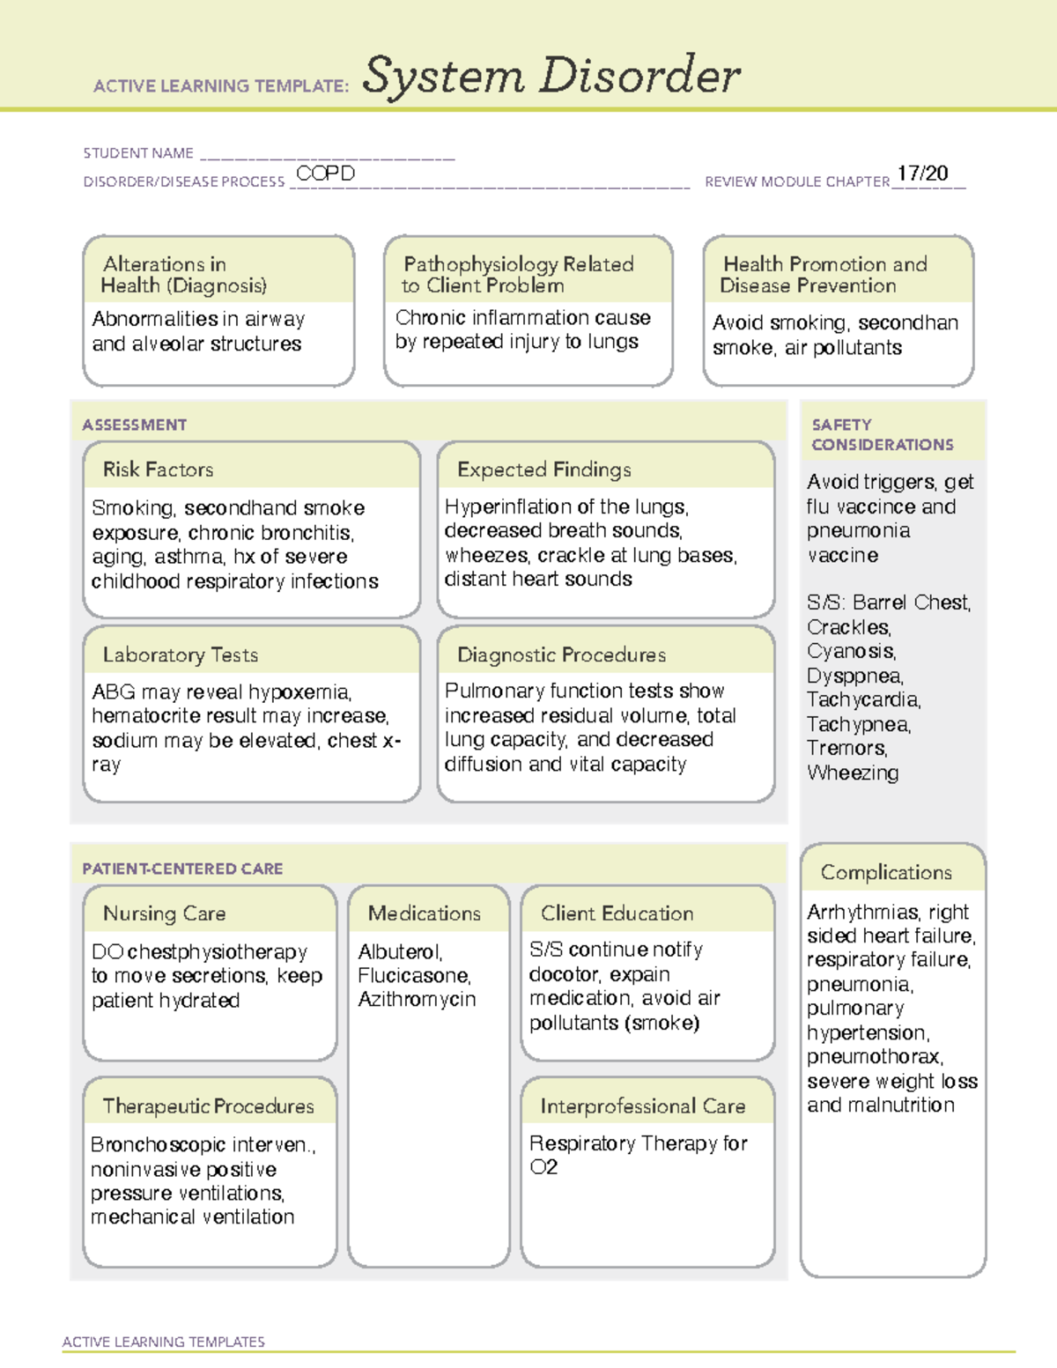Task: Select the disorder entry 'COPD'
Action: [x=325, y=174]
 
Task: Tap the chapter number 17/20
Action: [x=922, y=174]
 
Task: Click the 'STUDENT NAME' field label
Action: [x=138, y=153]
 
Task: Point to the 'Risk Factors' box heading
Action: [x=158, y=470]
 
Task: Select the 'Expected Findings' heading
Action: [x=543, y=470]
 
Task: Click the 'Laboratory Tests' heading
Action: [x=180, y=654]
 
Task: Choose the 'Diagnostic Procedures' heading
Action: [x=561, y=654]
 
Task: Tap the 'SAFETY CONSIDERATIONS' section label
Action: [x=882, y=435]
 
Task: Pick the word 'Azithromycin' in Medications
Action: [x=417, y=1000]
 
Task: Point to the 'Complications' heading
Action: [x=886, y=872]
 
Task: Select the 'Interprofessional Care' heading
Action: [x=642, y=1105]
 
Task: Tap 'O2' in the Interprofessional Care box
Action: [x=543, y=1167]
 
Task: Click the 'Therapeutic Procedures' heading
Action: [x=208, y=1105]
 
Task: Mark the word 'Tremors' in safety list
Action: [x=846, y=749]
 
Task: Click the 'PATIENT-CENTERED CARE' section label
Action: [x=182, y=869]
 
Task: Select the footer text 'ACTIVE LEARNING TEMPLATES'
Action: [x=163, y=1342]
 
